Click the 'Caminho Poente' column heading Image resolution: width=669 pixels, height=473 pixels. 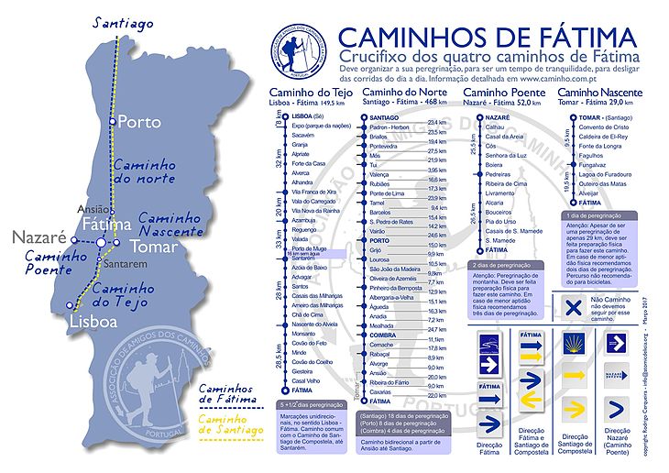[x=499, y=93]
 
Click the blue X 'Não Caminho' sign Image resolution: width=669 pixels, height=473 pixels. [x=572, y=309]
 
